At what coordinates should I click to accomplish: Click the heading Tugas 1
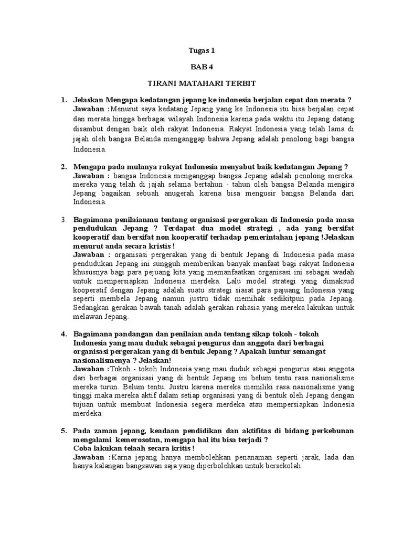[x=202, y=51]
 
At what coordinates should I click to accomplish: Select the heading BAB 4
[x=202, y=67]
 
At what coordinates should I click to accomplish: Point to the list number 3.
[x=62, y=218]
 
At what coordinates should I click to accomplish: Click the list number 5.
[x=63, y=431]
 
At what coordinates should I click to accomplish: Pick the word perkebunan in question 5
[x=332, y=431]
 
